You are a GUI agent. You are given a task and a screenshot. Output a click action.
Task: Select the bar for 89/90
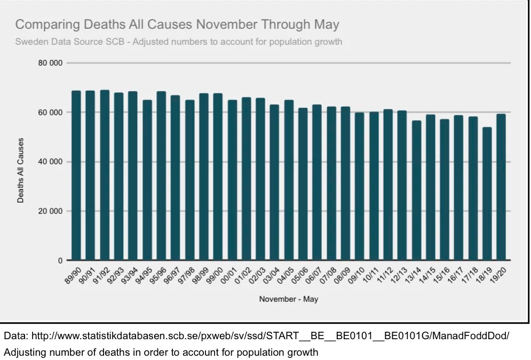tap(76, 175)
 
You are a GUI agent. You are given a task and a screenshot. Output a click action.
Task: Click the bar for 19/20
tap(501, 187)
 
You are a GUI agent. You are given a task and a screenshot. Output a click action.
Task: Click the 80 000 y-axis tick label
tap(50, 63)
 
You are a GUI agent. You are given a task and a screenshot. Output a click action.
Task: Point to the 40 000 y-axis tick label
tap(50, 162)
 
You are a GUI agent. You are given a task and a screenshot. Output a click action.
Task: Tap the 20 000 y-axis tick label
tap(50, 211)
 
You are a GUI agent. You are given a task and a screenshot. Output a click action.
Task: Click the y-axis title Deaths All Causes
tap(21, 170)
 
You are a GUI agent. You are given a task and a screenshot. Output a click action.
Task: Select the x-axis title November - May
tap(288, 299)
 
